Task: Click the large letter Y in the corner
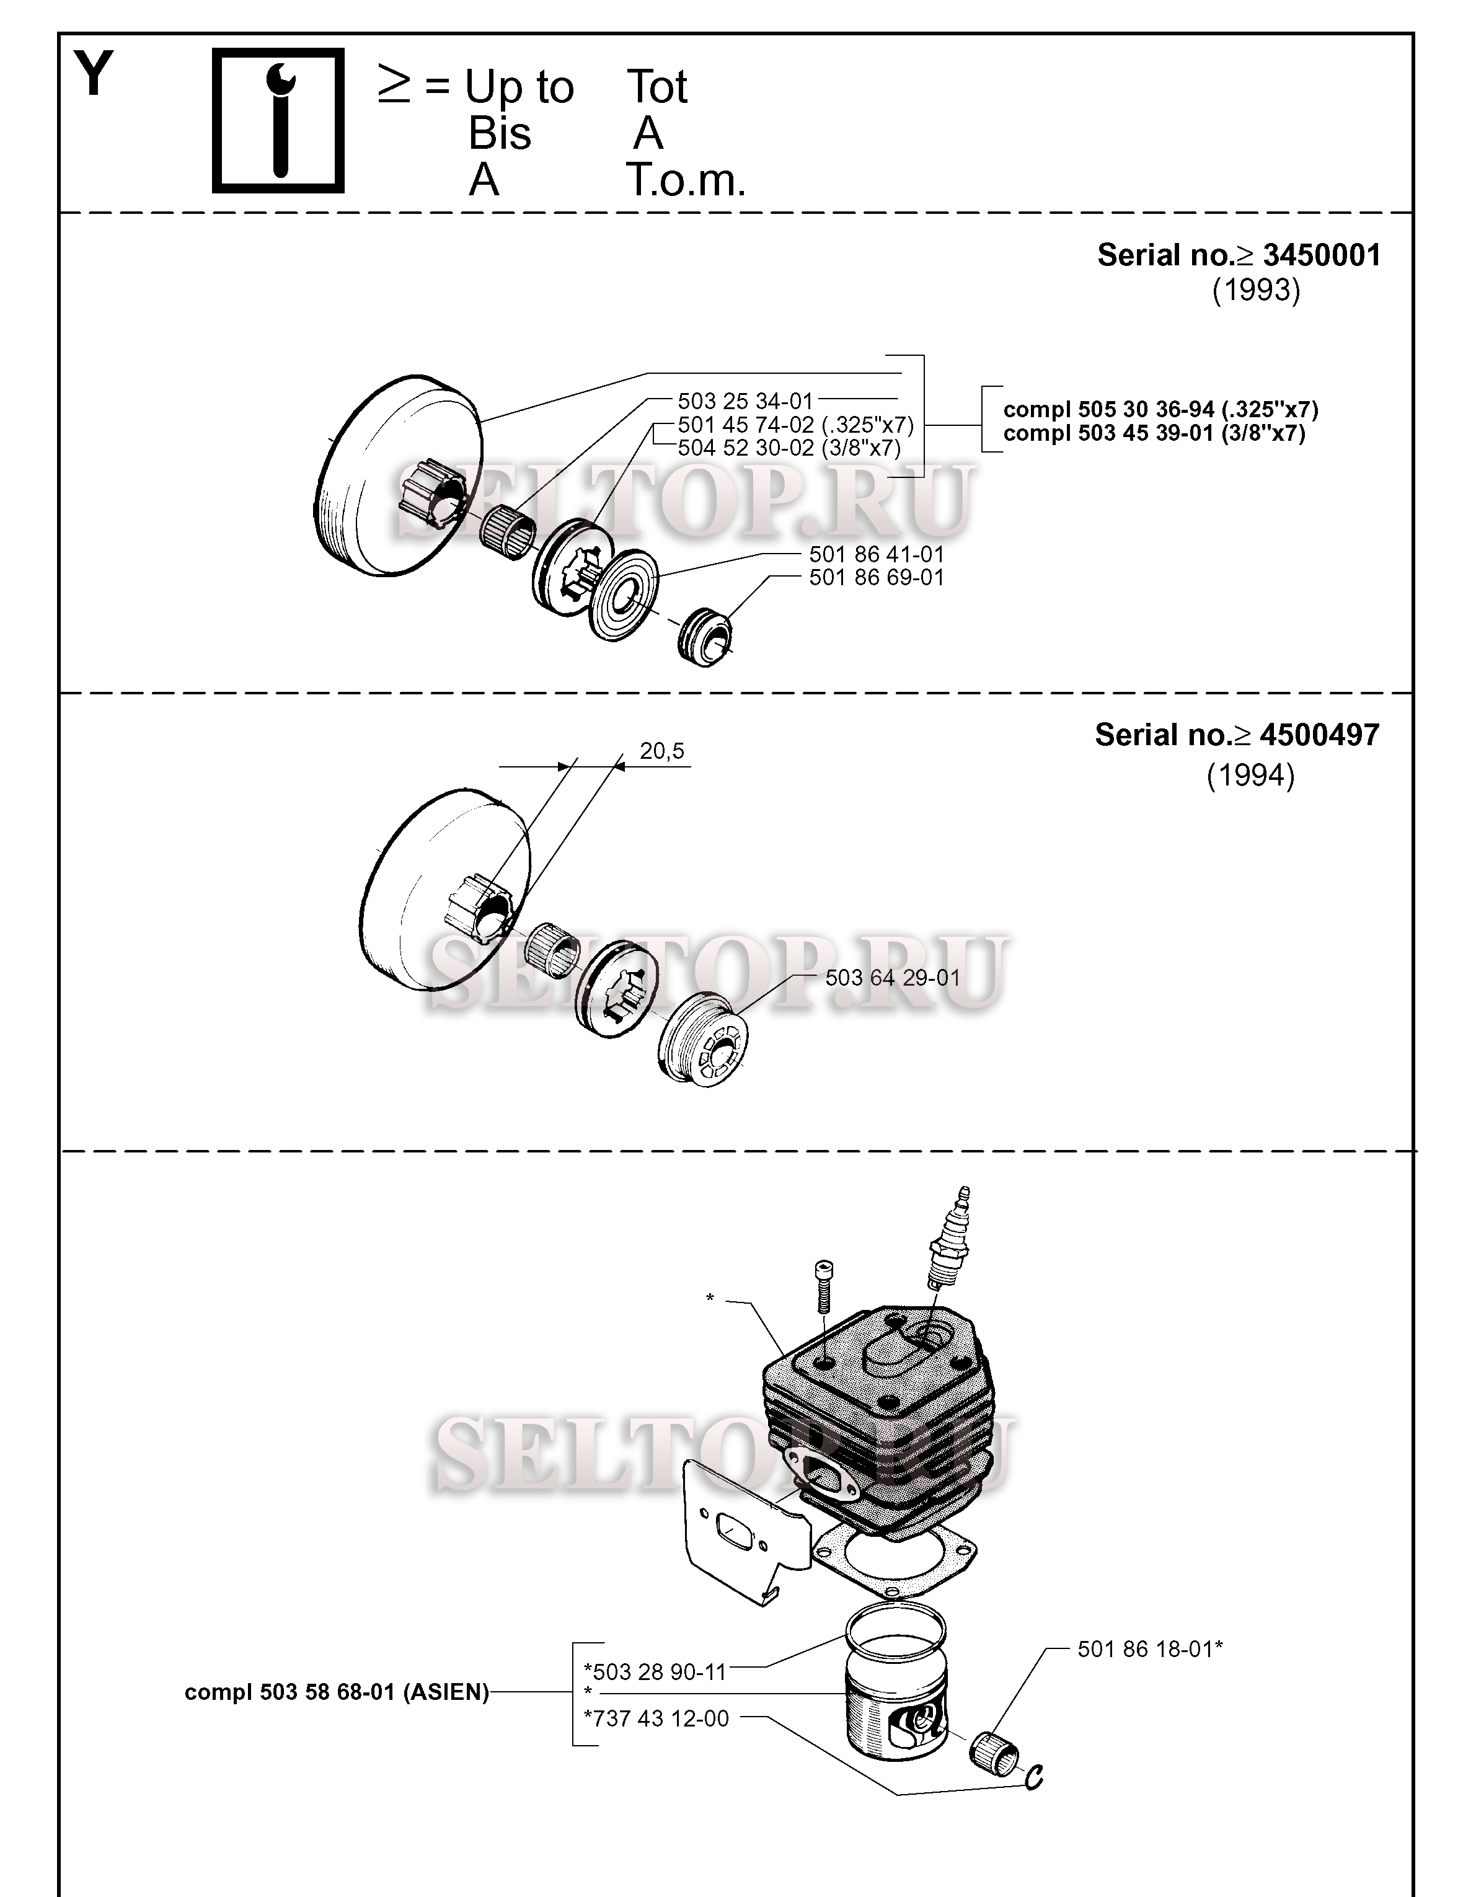(94, 74)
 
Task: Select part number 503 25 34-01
(745, 401)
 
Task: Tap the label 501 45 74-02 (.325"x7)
(796, 425)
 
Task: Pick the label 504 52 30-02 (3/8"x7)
(789, 448)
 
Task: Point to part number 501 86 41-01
(877, 554)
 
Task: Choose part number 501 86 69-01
(877, 578)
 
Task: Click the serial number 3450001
(1322, 255)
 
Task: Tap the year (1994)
(1250, 775)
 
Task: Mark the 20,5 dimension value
(662, 751)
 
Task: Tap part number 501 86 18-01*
(1150, 1648)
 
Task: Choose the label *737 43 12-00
(656, 1718)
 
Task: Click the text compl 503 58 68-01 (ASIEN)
(337, 1692)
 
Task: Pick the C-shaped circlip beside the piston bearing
(1034, 1777)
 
